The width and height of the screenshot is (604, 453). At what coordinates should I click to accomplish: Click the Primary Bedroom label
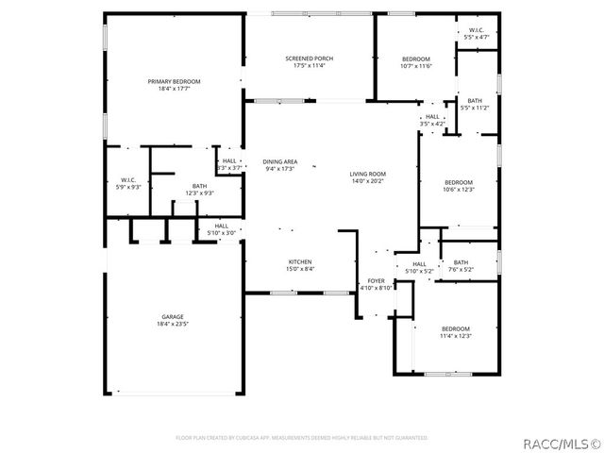point(174,82)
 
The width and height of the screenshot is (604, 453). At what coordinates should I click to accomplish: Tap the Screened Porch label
point(309,59)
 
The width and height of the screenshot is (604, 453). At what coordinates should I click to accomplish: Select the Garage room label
point(172,317)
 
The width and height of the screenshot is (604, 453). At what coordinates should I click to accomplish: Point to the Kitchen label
point(300,261)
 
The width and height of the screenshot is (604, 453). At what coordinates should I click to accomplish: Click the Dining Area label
point(279,161)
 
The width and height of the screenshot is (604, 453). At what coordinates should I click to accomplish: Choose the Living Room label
point(368,174)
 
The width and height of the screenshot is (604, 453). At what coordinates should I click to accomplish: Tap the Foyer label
point(376,280)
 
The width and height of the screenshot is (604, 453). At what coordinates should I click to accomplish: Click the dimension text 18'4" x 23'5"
point(172,324)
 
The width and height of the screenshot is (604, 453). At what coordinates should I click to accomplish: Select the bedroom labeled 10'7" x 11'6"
point(415,59)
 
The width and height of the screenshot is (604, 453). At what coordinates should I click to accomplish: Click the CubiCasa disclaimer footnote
point(302,438)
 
